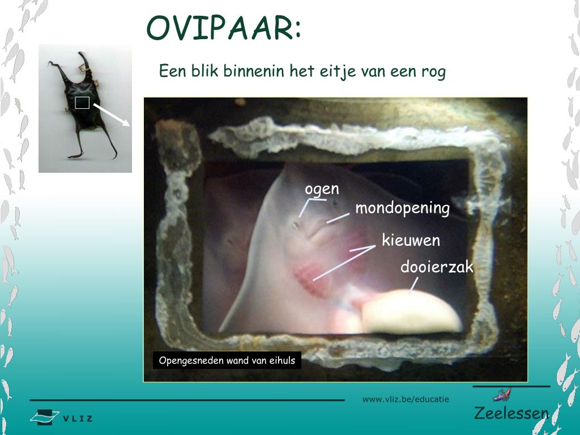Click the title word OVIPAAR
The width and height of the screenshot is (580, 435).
click(219, 28)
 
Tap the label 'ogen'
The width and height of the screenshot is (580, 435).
click(322, 189)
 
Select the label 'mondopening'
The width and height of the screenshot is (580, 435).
click(402, 208)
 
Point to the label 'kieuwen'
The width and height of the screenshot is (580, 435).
click(411, 240)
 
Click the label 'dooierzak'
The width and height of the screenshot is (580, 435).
click(436, 267)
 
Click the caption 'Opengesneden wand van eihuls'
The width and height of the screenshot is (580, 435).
click(227, 360)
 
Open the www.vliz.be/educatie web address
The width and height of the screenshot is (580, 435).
click(406, 399)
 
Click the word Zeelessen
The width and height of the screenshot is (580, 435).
click(511, 413)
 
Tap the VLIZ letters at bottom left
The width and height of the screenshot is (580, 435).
click(78, 419)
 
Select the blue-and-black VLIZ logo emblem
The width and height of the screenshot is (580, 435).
click(44, 417)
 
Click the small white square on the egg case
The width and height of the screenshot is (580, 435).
click(82, 103)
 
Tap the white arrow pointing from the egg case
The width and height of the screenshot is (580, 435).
click(112, 114)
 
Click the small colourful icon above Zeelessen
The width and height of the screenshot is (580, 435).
click(502, 395)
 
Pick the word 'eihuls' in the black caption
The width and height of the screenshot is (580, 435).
click(282, 360)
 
